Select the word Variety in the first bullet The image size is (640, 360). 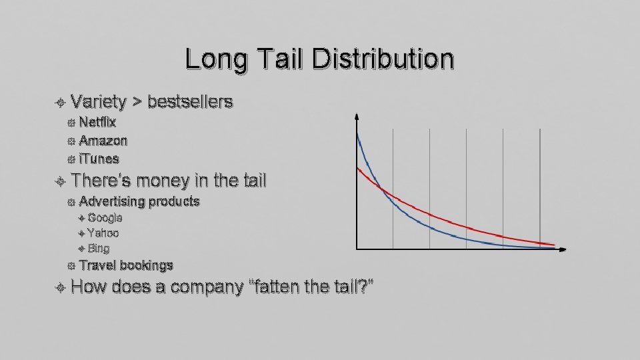click(98, 102)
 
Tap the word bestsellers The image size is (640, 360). click(190, 102)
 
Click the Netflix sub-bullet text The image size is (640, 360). click(97, 122)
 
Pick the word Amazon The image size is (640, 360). click(103, 141)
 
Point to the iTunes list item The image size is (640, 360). click(99, 159)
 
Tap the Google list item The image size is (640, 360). click(105, 218)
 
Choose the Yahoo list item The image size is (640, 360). click(103, 233)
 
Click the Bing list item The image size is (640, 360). click(98, 249)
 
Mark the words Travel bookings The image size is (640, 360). click(125, 265)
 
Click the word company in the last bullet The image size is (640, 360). click(207, 287)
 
